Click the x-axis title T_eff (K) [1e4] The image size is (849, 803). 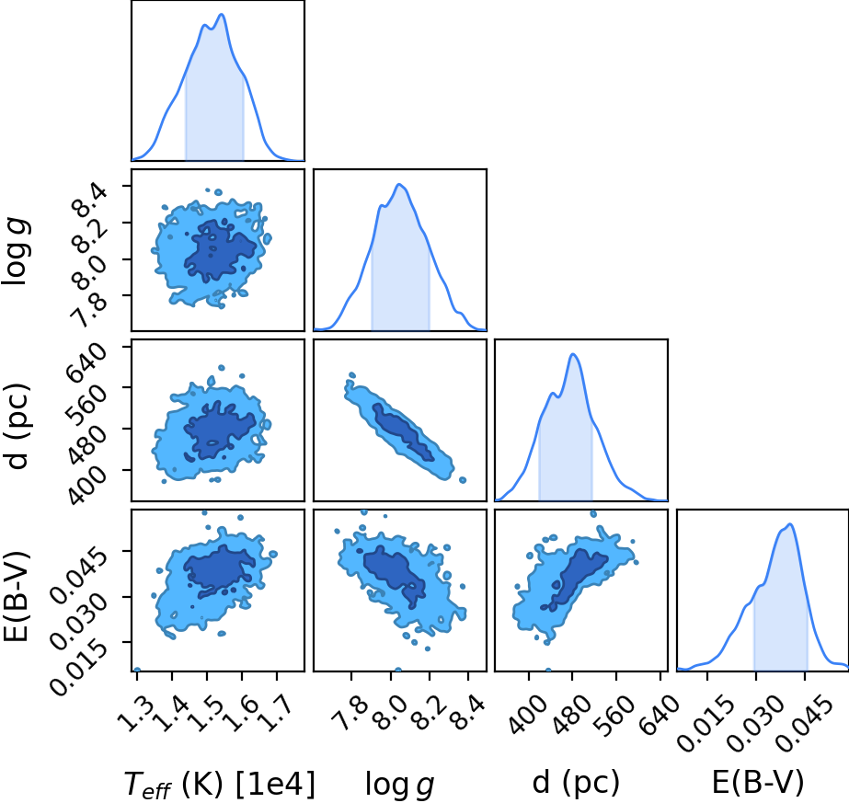point(219,784)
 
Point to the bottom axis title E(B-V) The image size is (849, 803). point(758,782)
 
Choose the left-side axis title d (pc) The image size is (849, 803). point(17,426)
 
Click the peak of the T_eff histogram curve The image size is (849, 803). point(222,14)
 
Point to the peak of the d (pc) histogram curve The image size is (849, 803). point(573,354)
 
